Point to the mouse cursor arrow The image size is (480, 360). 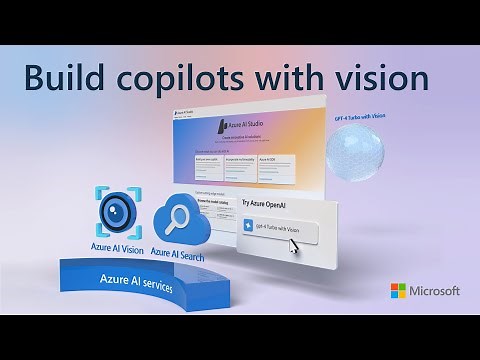(294, 247)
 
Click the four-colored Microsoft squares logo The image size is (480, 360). (398, 291)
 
